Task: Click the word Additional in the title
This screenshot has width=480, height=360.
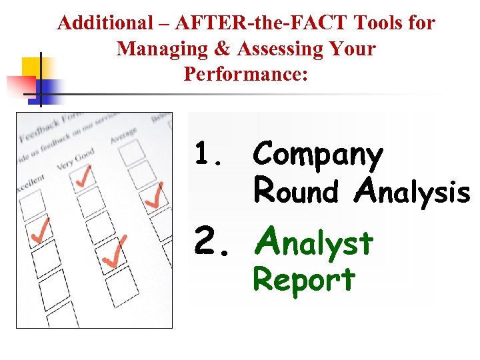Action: tap(96, 23)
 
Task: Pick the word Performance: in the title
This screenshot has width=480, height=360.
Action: tap(246, 74)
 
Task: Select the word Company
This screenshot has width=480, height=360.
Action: tap(318, 155)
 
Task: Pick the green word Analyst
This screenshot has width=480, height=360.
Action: tap(313, 242)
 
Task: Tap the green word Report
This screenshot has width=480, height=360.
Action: tap(304, 279)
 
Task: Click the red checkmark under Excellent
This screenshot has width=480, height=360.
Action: tap(40, 230)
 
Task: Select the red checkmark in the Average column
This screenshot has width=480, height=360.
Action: tap(153, 195)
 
